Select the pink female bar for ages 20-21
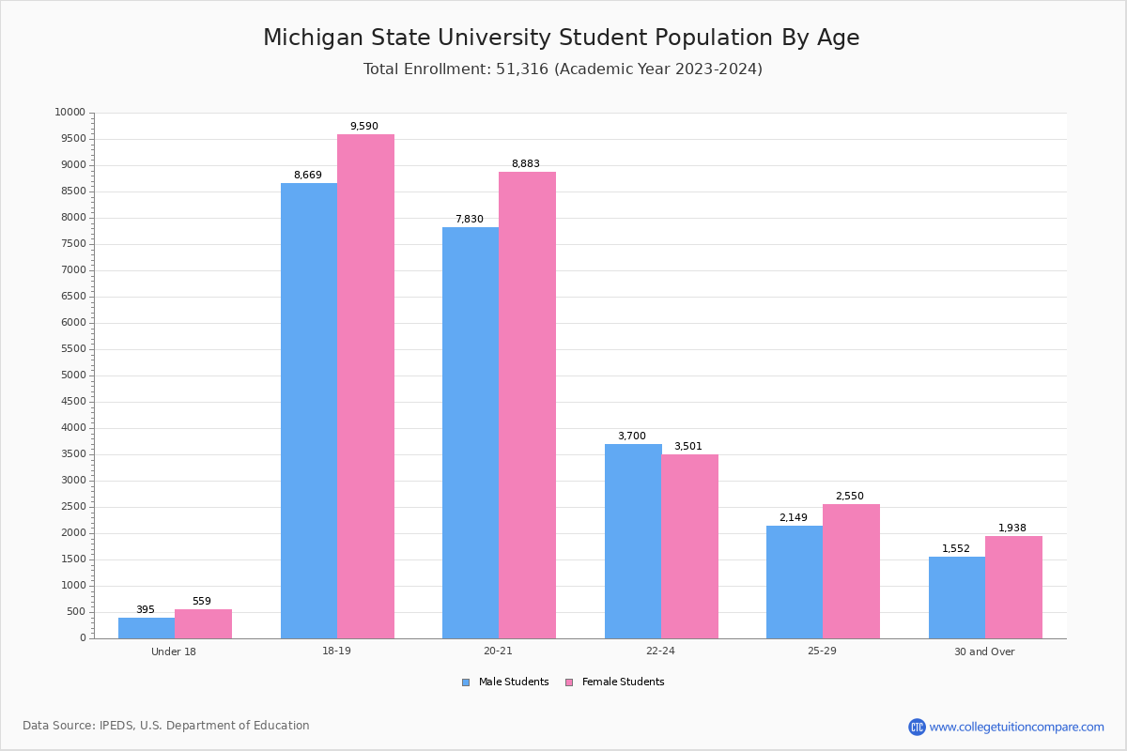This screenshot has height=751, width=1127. click(x=527, y=405)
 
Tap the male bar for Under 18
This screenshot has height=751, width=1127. click(x=147, y=628)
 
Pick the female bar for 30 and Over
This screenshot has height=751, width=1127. click(x=1013, y=587)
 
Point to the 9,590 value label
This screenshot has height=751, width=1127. click(x=364, y=127)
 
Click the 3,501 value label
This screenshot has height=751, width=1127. click(x=687, y=447)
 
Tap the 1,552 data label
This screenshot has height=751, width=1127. click(x=956, y=549)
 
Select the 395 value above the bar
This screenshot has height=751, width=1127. click(x=146, y=610)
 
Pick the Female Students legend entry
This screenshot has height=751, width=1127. click(x=615, y=682)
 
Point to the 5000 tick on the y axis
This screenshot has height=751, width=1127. click(x=72, y=375)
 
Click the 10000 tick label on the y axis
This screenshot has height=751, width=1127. click(x=69, y=113)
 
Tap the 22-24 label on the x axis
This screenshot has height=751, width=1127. click(x=660, y=651)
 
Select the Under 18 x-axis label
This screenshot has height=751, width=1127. click(x=174, y=651)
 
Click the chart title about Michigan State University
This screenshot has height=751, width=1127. click(x=562, y=38)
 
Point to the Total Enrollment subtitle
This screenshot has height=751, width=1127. click(x=563, y=69)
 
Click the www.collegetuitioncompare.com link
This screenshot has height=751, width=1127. click(x=1016, y=727)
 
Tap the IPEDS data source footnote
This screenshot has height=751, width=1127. click(x=166, y=726)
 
